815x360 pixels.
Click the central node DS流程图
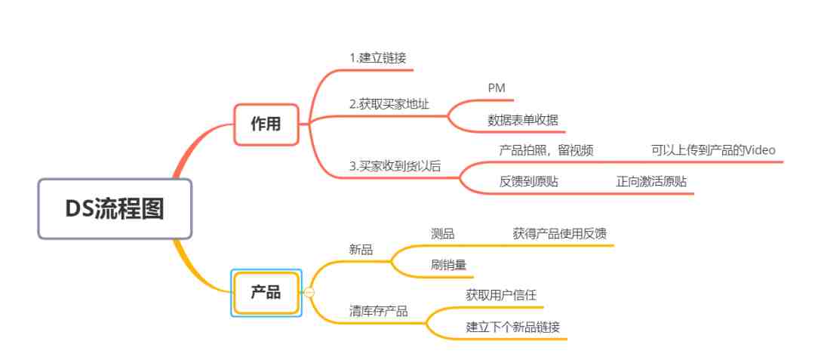[115, 209]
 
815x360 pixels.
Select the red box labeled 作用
[266, 125]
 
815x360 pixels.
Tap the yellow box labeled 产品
[266, 293]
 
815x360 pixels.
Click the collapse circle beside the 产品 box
[309, 293]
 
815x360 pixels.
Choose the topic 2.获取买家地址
[389, 104]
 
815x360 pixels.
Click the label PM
[497, 88]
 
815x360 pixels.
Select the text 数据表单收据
[523, 120]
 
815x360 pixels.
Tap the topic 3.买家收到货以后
[395, 166]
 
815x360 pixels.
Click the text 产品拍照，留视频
[546, 151]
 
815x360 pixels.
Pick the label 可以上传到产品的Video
[713, 151]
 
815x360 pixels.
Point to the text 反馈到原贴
[529, 182]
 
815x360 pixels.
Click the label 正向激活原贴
[651, 182]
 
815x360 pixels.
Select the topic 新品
[361, 249]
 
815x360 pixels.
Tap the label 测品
[443, 234]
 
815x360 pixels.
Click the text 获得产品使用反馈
[560, 234]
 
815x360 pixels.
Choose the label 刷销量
[448, 265]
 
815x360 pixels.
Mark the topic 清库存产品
[378, 311]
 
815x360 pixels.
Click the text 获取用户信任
[501, 295]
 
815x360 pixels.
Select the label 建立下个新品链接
[513, 328]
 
